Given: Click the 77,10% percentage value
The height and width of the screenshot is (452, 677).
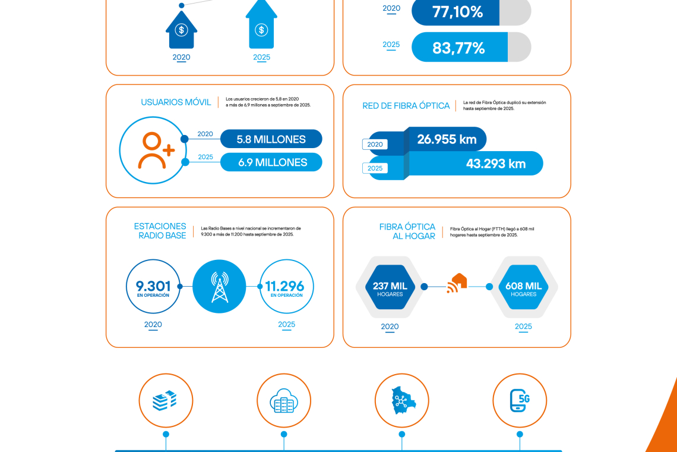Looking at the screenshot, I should pyautogui.click(x=457, y=12).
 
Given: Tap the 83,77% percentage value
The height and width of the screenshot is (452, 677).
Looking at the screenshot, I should pyautogui.click(x=458, y=48).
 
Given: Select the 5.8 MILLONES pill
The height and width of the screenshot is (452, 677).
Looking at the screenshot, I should pyautogui.click(x=271, y=139).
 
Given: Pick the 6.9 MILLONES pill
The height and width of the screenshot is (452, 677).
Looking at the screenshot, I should pyautogui.click(x=272, y=162).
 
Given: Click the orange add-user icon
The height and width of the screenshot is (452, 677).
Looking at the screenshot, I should pyautogui.click(x=156, y=150).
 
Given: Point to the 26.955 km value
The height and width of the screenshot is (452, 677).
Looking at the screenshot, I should pyautogui.click(x=447, y=139).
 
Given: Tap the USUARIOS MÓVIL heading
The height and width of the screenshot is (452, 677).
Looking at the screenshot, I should pyautogui.click(x=176, y=102).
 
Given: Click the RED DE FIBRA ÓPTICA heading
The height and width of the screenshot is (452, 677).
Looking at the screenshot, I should pyautogui.click(x=406, y=106).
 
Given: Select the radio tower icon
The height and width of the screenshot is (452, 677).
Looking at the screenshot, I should pyautogui.click(x=219, y=287).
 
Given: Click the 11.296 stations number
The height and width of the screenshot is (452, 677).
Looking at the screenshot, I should pyautogui.click(x=286, y=287).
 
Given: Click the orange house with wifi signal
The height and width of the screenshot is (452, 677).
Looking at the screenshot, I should pyautogui.click(x=457, y=283).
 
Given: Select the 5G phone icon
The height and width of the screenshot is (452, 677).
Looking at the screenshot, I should pyautogui.click(x=520, y=400).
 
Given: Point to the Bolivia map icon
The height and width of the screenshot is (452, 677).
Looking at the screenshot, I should pyautogui.click(x=401, y=400).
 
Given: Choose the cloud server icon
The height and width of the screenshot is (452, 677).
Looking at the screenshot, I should pyautogui.click(x=284, y=400).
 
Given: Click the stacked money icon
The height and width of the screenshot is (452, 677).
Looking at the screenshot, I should pyautogui.click(x=166, y=400).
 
